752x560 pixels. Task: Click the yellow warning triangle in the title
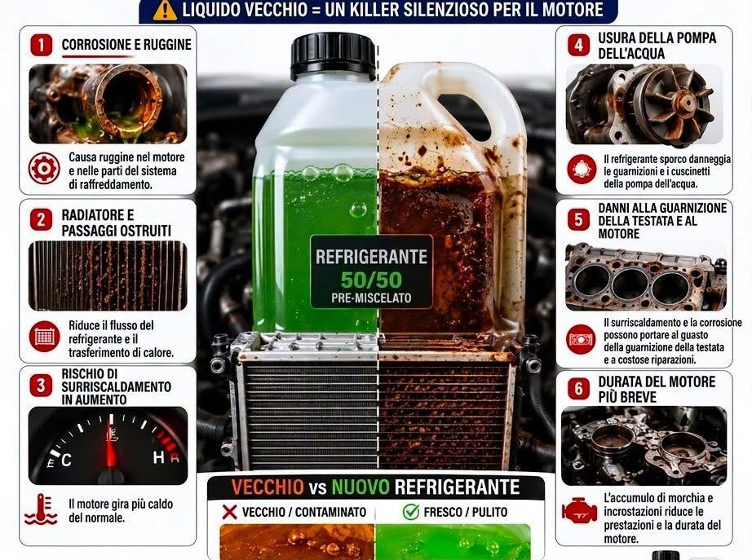(165, 11)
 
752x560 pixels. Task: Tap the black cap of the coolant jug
(333, 55)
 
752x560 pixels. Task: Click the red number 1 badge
(42, 45)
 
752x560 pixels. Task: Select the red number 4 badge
(579, 45)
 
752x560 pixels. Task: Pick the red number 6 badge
(579, 388)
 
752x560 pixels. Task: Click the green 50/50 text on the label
(371, 280)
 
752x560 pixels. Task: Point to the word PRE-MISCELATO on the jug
(371, 298)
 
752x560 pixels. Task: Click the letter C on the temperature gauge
(66, 461)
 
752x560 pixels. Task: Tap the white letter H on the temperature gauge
(159, 457)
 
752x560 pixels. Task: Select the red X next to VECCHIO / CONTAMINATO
(230, 512)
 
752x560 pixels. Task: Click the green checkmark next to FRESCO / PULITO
(411, 512)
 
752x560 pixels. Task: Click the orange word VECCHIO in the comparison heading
(268, 487)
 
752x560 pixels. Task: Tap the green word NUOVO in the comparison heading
(361, 487)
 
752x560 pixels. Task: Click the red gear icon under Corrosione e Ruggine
(44, 169)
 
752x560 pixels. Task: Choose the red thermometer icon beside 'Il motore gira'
(42, 509)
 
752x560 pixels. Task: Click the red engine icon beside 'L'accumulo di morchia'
(579, 511)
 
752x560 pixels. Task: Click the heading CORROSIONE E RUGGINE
(126, 45)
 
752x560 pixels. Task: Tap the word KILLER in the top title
(373, 10)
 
